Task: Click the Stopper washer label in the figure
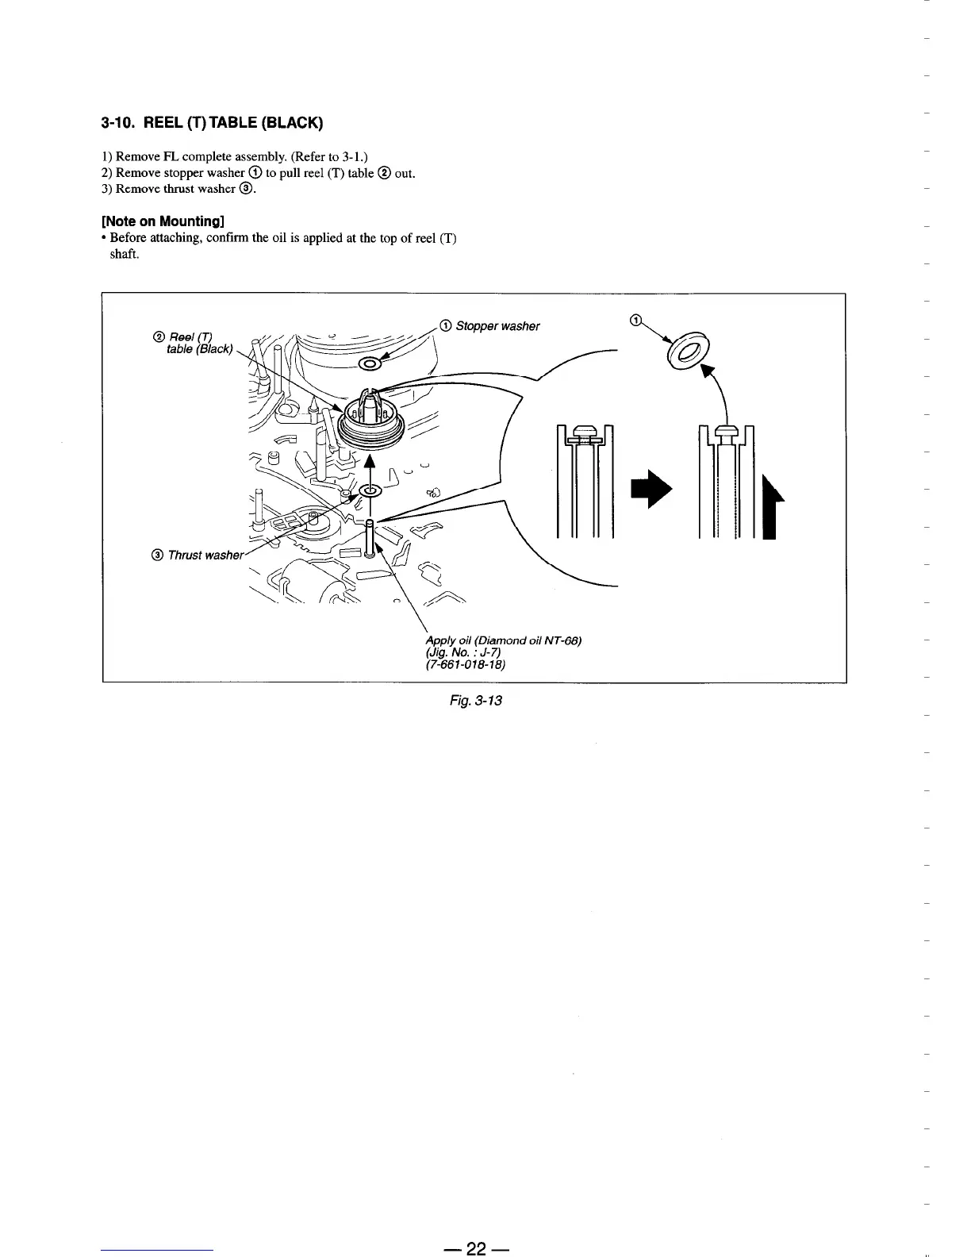pos(498,326)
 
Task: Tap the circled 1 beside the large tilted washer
pos(635,320)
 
